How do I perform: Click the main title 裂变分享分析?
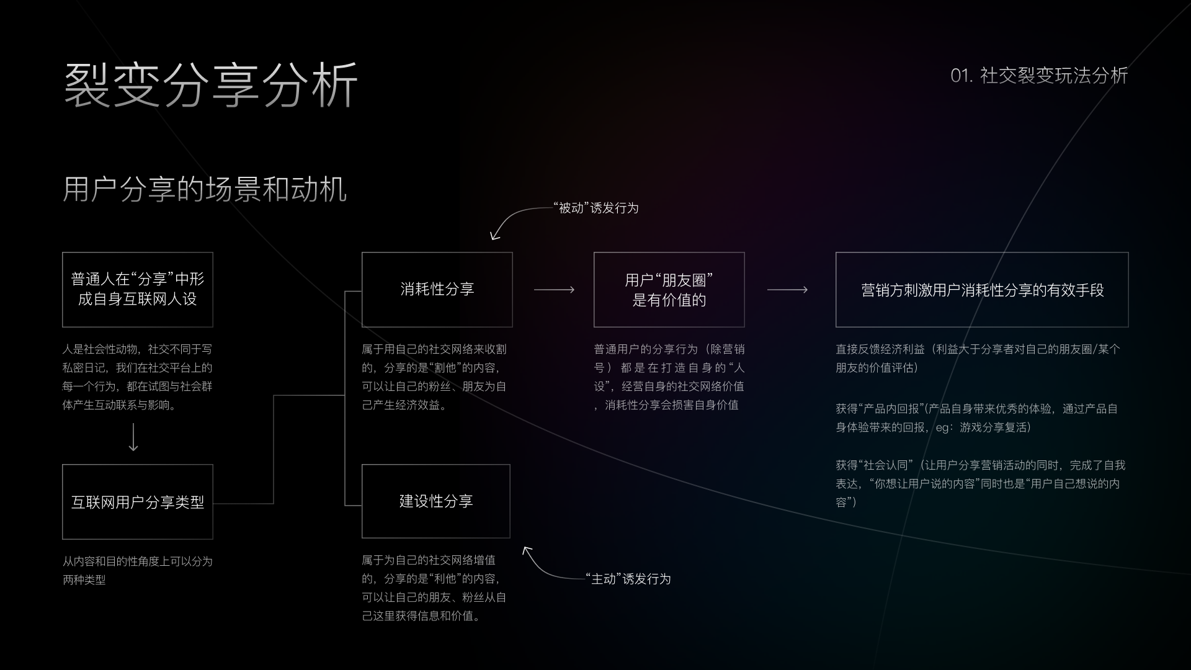[211, 85]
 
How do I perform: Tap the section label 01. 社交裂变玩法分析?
[1039, 76]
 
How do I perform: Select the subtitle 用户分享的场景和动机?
[205, 189]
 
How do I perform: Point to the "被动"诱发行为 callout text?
[595, 208]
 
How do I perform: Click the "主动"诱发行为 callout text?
[628, 579]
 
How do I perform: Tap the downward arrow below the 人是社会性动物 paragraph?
[133, 437]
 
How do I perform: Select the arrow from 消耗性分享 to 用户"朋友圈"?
[554, 290]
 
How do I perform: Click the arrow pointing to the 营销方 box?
[787, 290]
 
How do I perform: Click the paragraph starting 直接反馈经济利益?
[978, 359]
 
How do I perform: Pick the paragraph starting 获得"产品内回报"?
[976, 418]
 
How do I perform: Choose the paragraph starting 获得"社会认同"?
[980, 484]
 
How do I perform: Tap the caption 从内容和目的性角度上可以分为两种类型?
[138, 571]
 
